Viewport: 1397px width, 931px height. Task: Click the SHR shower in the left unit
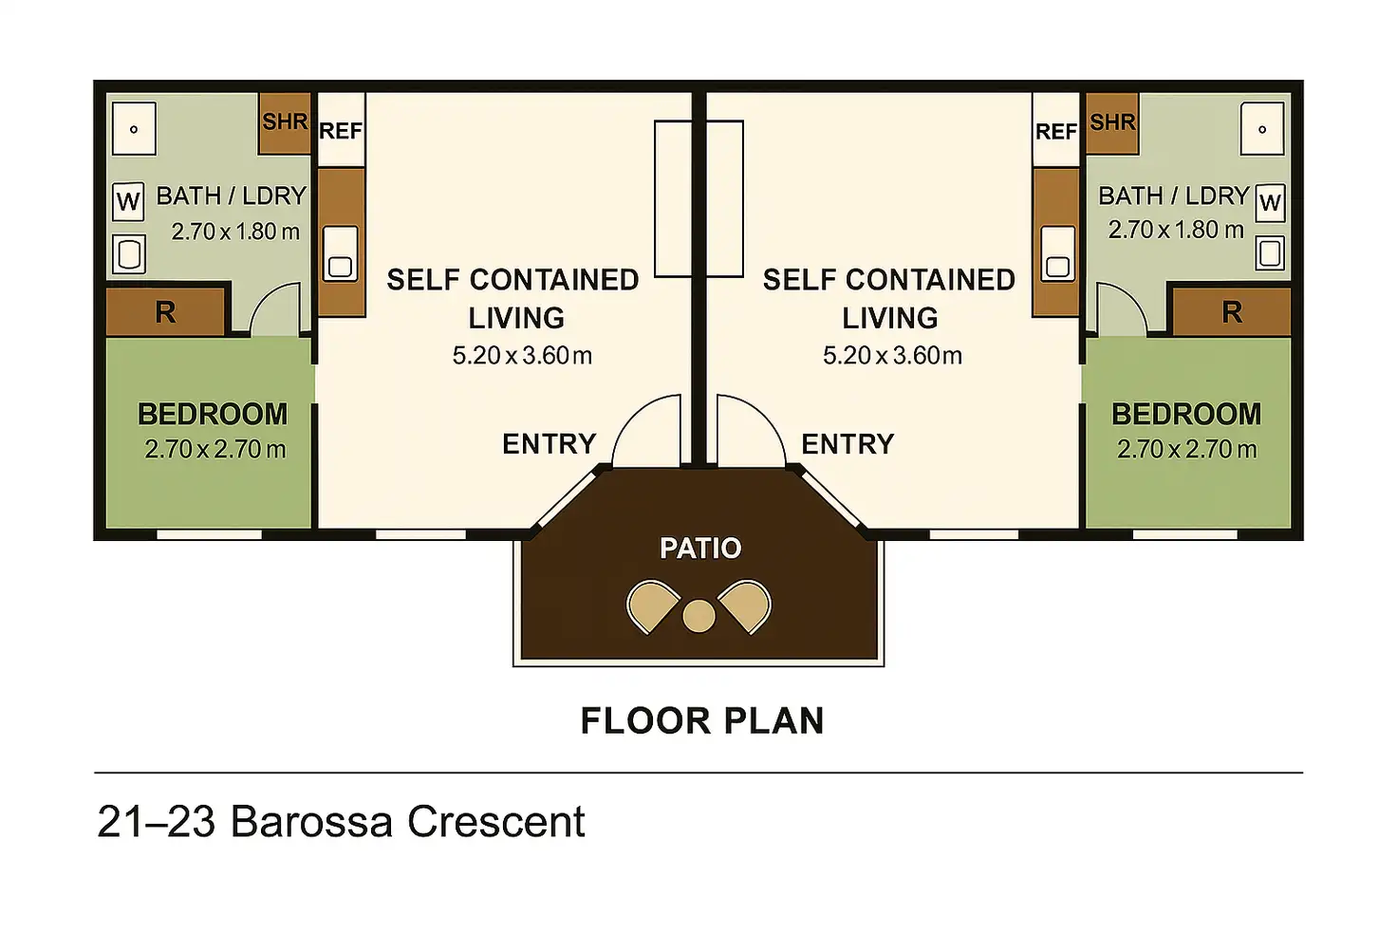[285, 122]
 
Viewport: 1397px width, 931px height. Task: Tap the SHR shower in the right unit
[1111, 122]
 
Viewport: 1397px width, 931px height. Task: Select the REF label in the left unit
[341, 131]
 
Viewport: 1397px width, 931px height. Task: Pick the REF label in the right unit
[1055, 132]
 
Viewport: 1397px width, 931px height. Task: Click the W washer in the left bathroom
[128, 201]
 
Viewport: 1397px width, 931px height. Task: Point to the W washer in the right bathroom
[1270, 202]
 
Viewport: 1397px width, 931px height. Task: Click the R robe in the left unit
[166, 312]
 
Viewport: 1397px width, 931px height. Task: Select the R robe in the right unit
[1231, 312]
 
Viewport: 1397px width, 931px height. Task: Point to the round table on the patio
[698, 616]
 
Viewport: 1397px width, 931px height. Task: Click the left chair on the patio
[653, 605]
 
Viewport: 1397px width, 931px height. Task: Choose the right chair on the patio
[745, 605]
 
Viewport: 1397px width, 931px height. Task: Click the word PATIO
[700, 548]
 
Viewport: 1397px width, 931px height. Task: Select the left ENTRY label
[549, 443]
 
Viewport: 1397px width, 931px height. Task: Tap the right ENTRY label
[848, 443]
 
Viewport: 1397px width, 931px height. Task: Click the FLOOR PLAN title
[701, 721]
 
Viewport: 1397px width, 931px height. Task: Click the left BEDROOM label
[213, 414]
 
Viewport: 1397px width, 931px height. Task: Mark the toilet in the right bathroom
[1270, 252]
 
